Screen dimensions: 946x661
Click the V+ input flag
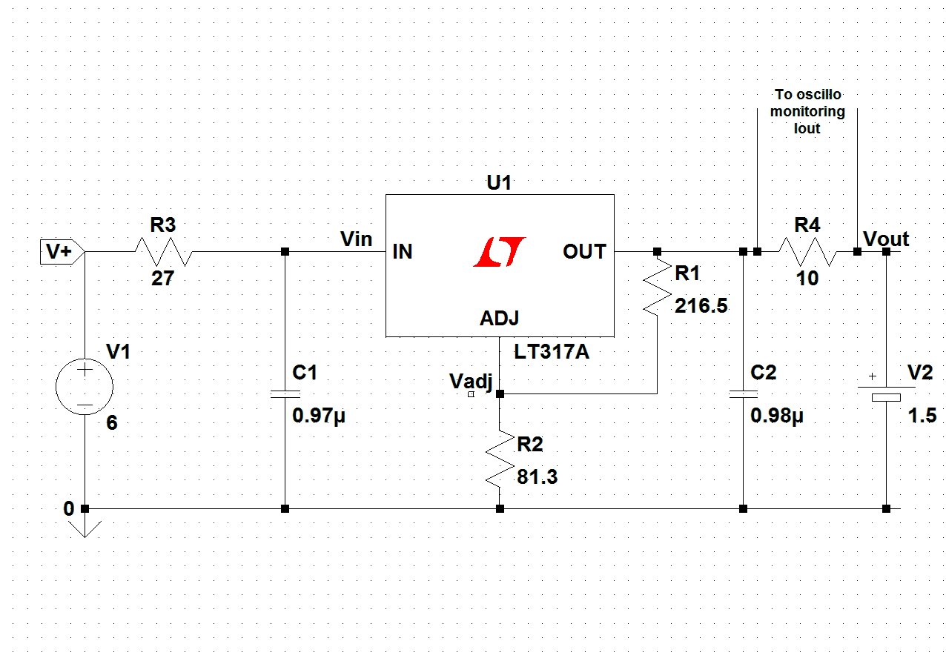pos(62,252)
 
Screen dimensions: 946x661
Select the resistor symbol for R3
pos(163,252)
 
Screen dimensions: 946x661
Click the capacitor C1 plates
pos(285,393)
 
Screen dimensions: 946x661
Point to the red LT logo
pos(500,252)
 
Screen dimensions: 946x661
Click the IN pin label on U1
pos(403,252)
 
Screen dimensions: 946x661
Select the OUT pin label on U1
pos(584,252)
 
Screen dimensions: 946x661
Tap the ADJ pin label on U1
pos(500,319)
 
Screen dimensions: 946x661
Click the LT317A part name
pos(552,351)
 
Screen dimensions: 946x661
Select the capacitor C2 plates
pos(743,393)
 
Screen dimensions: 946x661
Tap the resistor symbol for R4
pos(807,252)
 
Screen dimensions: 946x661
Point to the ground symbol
pos(85,528)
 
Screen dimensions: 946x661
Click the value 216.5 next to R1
pos(701,306)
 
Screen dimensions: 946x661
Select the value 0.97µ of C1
pos(319,416)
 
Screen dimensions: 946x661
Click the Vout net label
pos(886,239)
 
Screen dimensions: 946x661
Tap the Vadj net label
pos(471,381)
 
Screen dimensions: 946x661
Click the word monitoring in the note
pos(807,111)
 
